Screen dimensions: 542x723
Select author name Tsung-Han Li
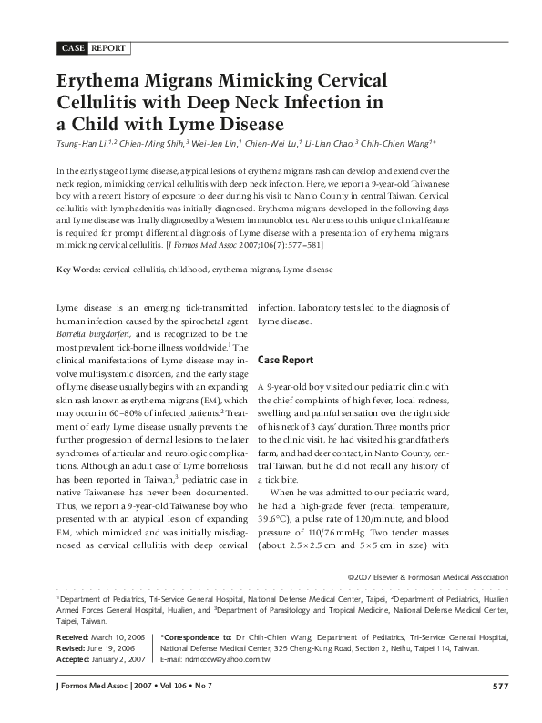point(83,144)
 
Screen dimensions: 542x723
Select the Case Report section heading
point(287,360)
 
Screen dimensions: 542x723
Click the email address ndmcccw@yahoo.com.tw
point(227,658)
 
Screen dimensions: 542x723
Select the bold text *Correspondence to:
point(193,638)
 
